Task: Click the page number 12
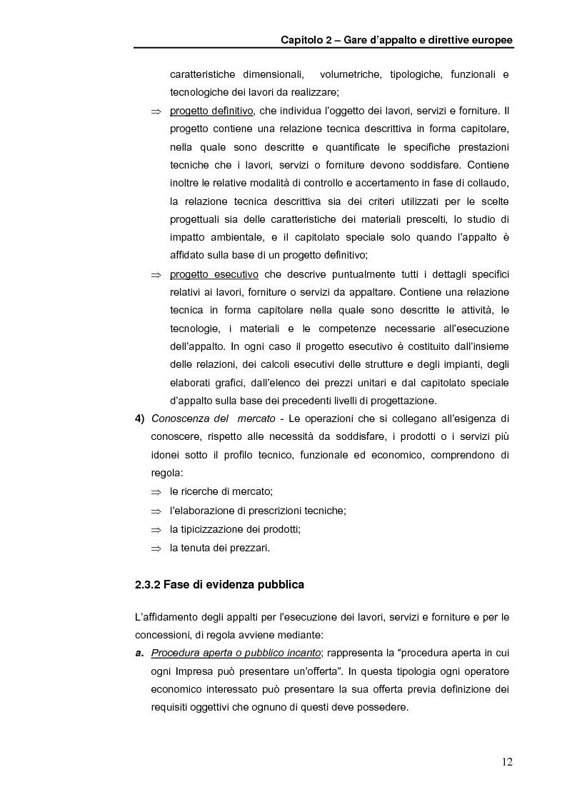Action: pos(506,761)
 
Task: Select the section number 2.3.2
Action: pos(148,585)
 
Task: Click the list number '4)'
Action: pos(140,418)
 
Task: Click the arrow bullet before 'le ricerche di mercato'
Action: pos(156,493)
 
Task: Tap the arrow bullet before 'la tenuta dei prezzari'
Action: pos(156,548)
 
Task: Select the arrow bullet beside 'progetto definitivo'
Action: pos(156,111)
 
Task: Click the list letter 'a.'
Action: pos(139,652)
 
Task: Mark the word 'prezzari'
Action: pos(251,548)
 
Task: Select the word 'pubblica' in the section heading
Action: pos(279,585)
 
